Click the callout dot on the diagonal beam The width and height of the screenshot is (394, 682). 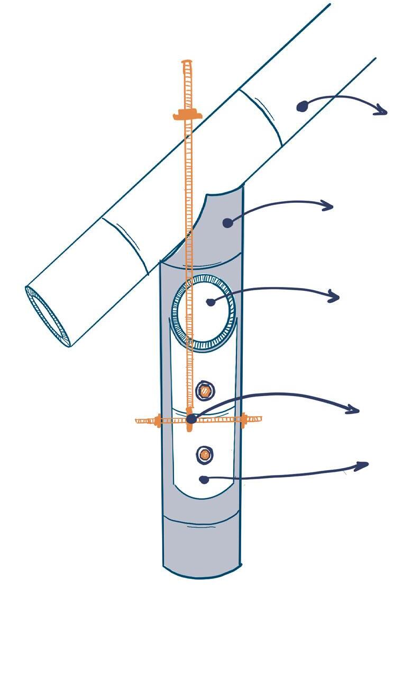click(301, 107)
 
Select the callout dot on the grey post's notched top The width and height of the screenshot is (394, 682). click(227, 223)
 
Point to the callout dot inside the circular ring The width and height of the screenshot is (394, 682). click(210, 302)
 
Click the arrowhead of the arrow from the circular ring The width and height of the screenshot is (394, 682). click(334, 297)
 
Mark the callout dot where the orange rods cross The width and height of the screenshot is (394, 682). click(191, 419)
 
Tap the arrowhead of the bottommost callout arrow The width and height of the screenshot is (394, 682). click(363, 466)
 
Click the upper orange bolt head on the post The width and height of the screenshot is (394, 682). click(205, 391)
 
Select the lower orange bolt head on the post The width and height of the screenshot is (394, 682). click(204, 454)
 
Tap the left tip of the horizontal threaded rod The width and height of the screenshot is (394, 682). click(138, 421)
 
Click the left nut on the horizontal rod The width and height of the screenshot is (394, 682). click(158, 421)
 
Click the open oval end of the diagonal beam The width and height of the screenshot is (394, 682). click(48, 316)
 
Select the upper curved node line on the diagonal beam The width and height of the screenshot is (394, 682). click(260, 119)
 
